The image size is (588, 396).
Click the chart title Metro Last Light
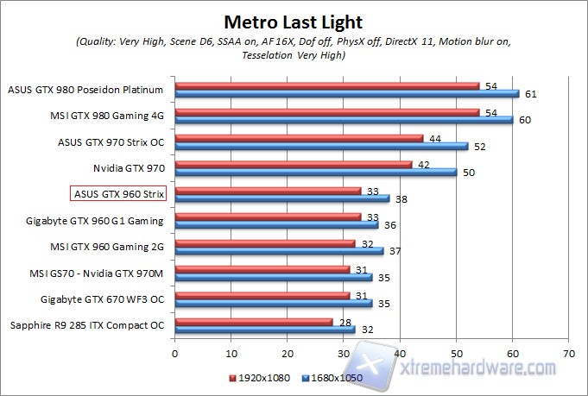point(293,21)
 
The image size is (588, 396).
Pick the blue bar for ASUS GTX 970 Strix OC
point(320,147)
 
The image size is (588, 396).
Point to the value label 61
point(530,93)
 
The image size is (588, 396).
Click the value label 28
point(345,321)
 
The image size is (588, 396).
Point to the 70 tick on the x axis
point(568,353)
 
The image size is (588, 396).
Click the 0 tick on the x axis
point(174,353)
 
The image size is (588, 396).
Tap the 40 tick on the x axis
point(400,353)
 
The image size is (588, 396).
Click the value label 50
point(468,173)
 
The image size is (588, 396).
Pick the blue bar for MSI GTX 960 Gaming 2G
point(278,251)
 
